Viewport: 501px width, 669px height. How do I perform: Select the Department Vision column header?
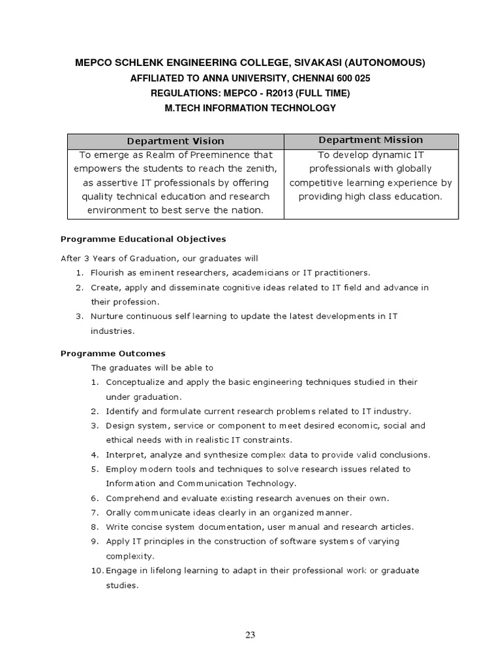[175, 141]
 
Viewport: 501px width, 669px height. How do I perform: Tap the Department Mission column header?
[371, 140]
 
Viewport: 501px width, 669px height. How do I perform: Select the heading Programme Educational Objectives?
[143, 239]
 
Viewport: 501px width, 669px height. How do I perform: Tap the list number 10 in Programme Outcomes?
[97, 570]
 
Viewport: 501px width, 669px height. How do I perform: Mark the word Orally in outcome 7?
[119, 512]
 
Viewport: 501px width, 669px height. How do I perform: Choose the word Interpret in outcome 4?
[125, 454]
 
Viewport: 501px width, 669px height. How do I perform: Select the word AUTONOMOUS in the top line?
[385, 63]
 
